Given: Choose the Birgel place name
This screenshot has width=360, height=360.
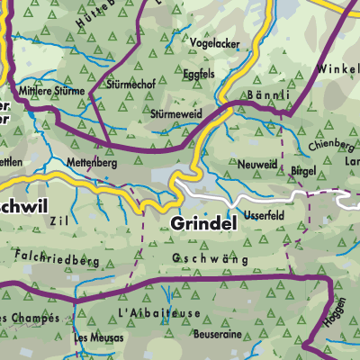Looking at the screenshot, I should point(305,168).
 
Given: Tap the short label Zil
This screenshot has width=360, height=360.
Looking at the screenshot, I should point(59,219).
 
